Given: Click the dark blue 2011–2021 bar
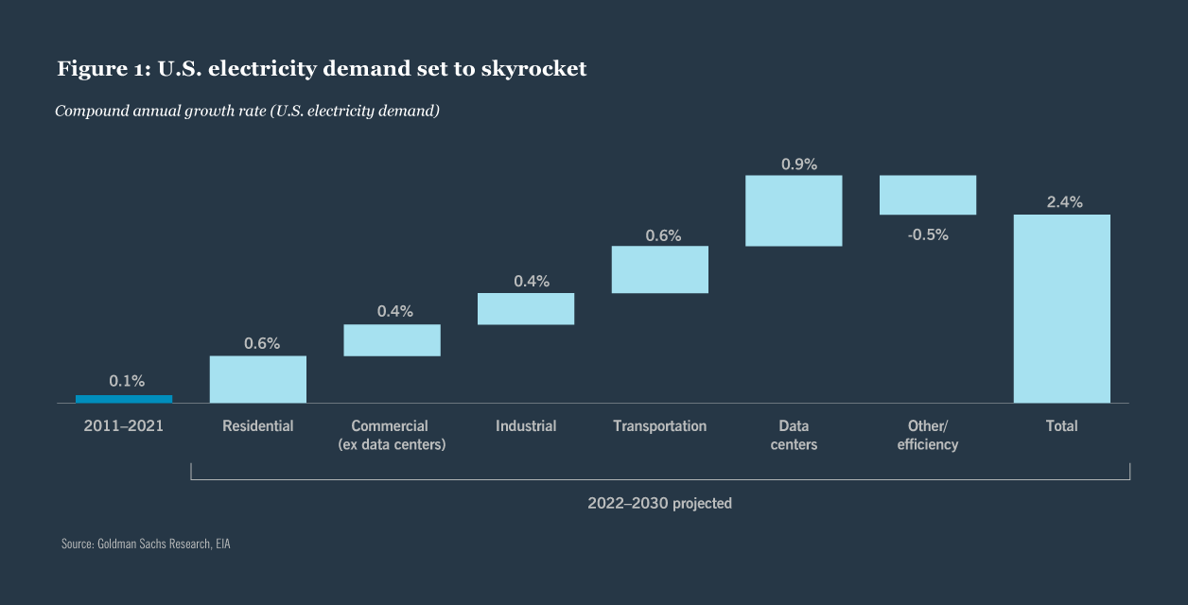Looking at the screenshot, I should pyautogui.click(x=124, y=399).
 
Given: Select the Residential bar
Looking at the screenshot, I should pyautogui.click(x=258, y=379).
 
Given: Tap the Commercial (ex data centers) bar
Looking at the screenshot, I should pyautogui.click(x=392, y=340).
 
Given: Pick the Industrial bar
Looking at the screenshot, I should pyautogui.click(x=526, y=309).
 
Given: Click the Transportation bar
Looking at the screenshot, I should pyautogui.click(x=660, y=269).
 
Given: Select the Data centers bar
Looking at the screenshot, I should pyautogui.click(x=794, y=211).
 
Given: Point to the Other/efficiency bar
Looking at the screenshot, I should pyautogui.click(x=928, y=195).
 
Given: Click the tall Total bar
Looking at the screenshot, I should pyautogui.click(x=1061, y=309).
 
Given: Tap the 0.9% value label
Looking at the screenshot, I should pyautogui.click(x=799, y=164).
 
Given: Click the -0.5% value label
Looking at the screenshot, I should pyautogui.click(x=928, y=235).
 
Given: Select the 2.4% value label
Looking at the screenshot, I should pyautogui.click(x=1064, y=202).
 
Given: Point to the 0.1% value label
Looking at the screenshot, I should pyautogui.click(x=127, y=381).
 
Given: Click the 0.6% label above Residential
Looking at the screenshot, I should pyautogui.click(x=262, y=343).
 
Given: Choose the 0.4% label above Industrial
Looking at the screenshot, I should pyautogui.click(x=531, y=281).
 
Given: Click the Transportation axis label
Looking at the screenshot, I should pyautogui.click(x=659, y=426).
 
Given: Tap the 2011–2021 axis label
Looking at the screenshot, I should pyautogui.click(x=124, y=426).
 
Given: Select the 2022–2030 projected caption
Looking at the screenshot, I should pyautogui.click(x=659, y=503).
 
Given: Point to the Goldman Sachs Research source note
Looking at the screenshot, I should pyautogui.click(x=146, y=544).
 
